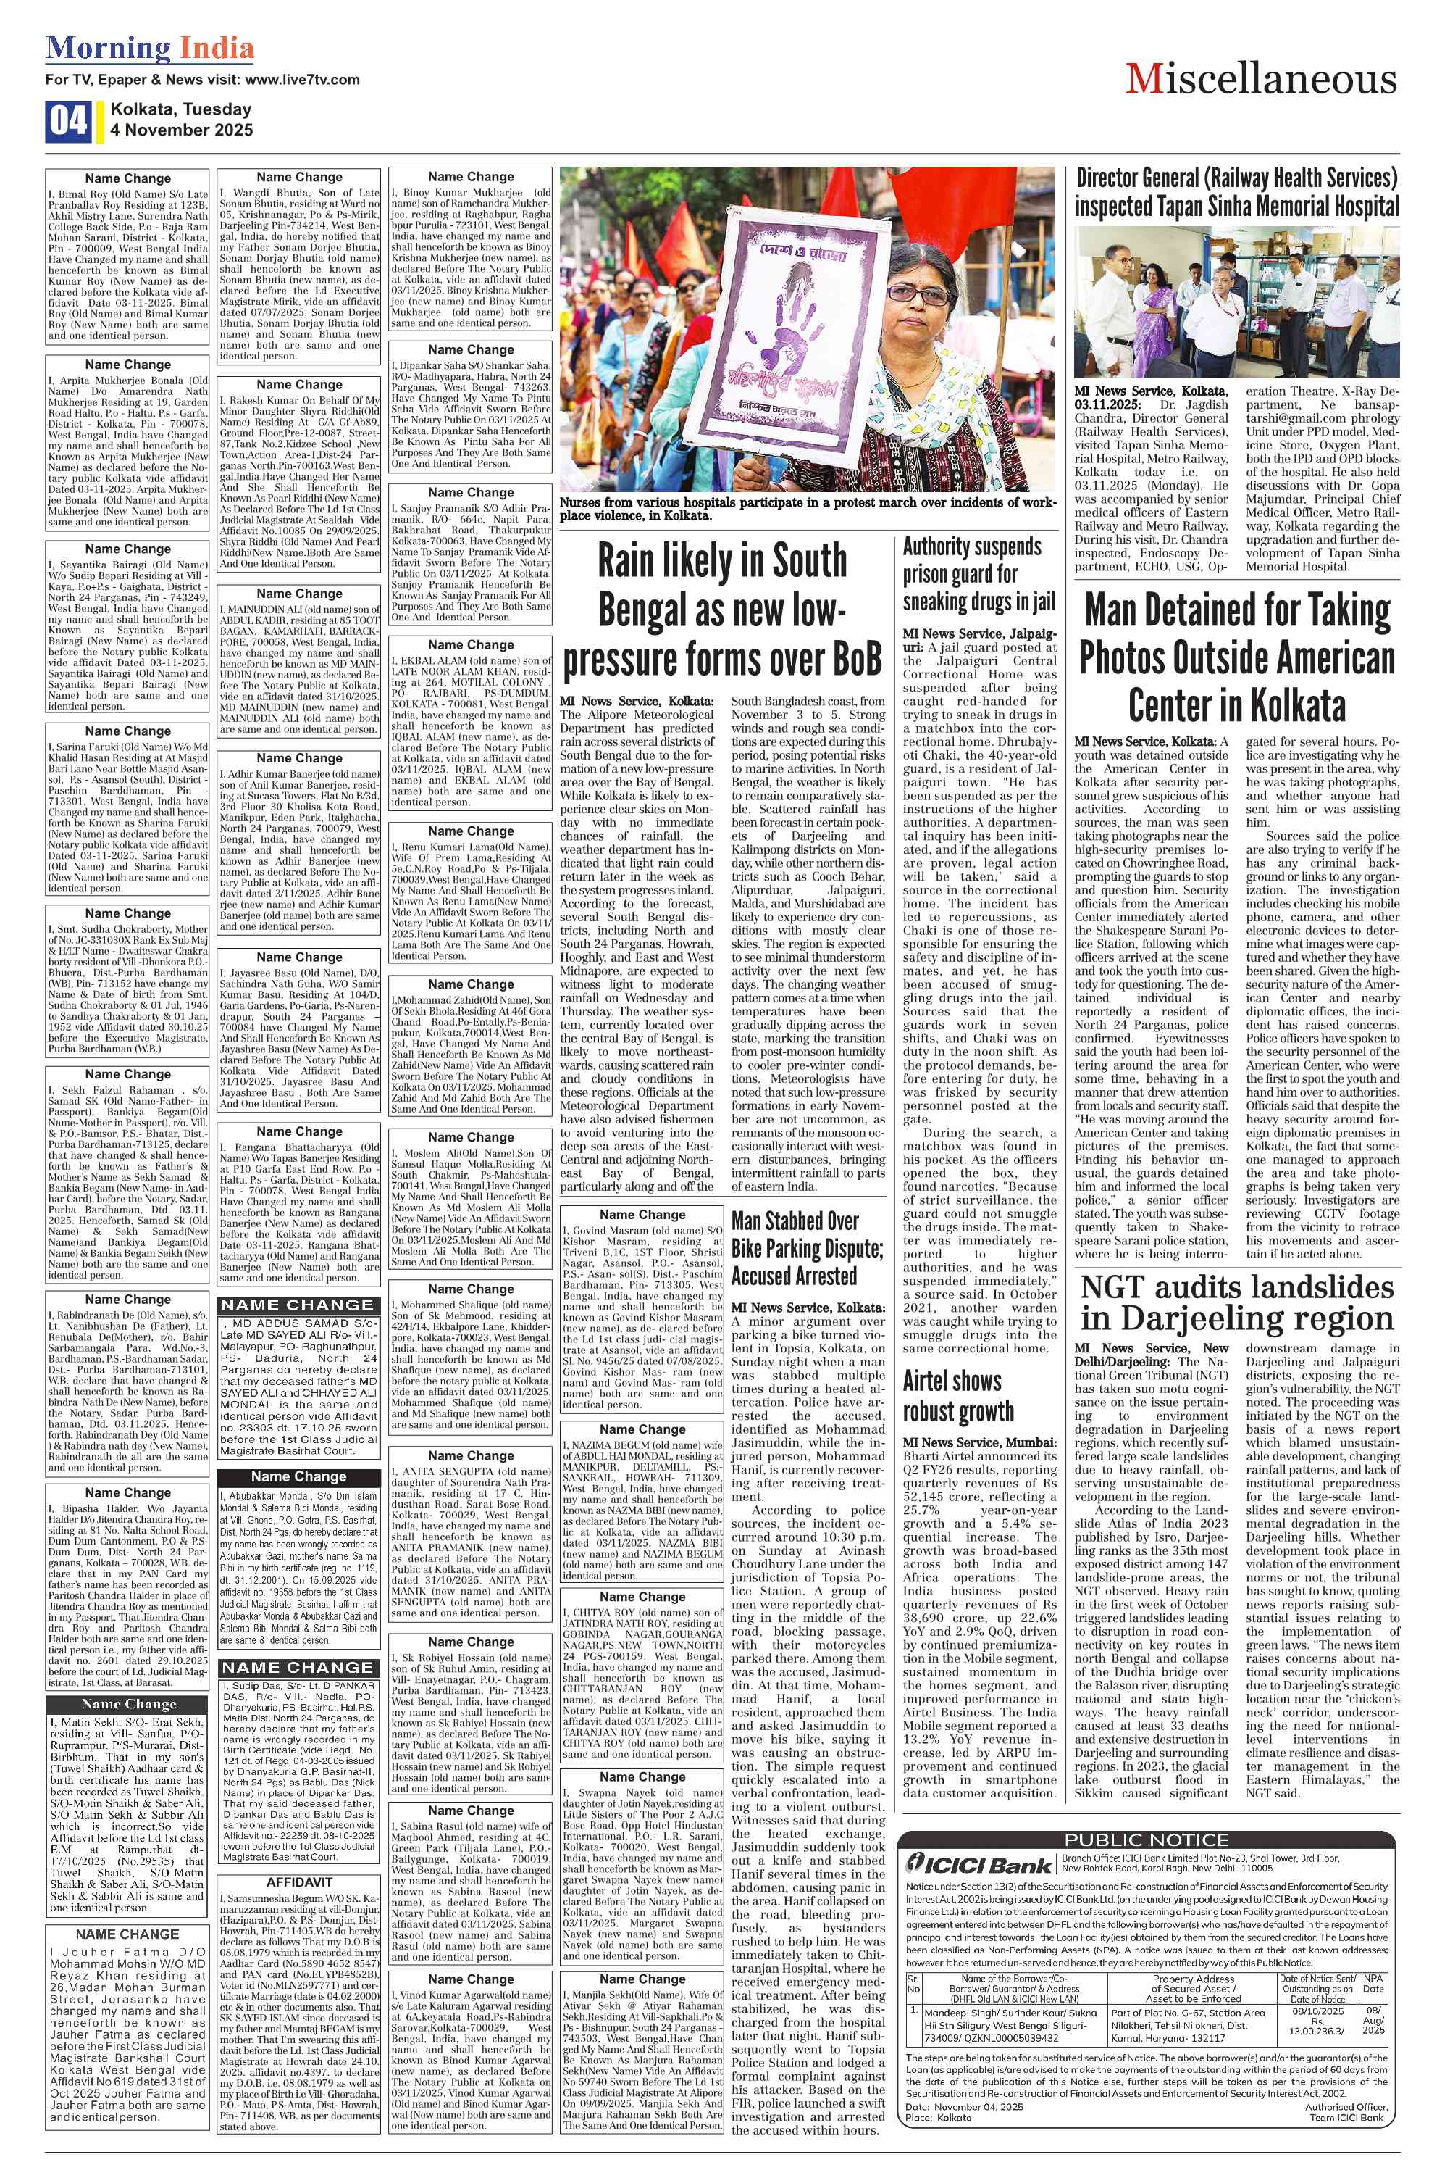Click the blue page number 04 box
(67, 120)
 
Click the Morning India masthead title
(150, 48)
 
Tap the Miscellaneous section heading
(1260, 80)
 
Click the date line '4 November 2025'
(181, 130)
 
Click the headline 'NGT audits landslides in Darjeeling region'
(1236, 1302)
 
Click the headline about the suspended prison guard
(978, 573)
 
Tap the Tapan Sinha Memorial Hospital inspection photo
(1236, 302)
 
